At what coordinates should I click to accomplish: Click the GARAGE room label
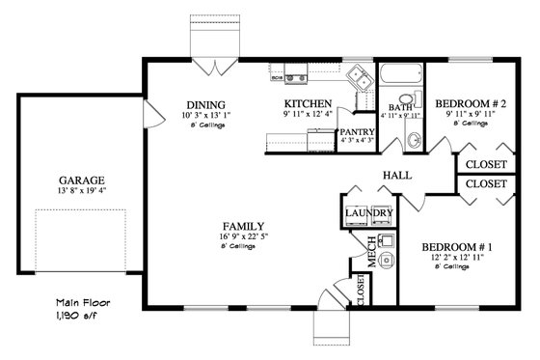81,180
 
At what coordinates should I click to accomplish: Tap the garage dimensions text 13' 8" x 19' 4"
81,192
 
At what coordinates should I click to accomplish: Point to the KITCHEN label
309,103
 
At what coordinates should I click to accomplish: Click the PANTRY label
357,131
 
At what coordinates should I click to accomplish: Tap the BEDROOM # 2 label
467,102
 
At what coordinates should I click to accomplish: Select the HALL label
397,175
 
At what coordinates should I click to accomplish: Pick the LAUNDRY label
368,213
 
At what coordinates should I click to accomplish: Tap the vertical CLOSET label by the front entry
361,290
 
